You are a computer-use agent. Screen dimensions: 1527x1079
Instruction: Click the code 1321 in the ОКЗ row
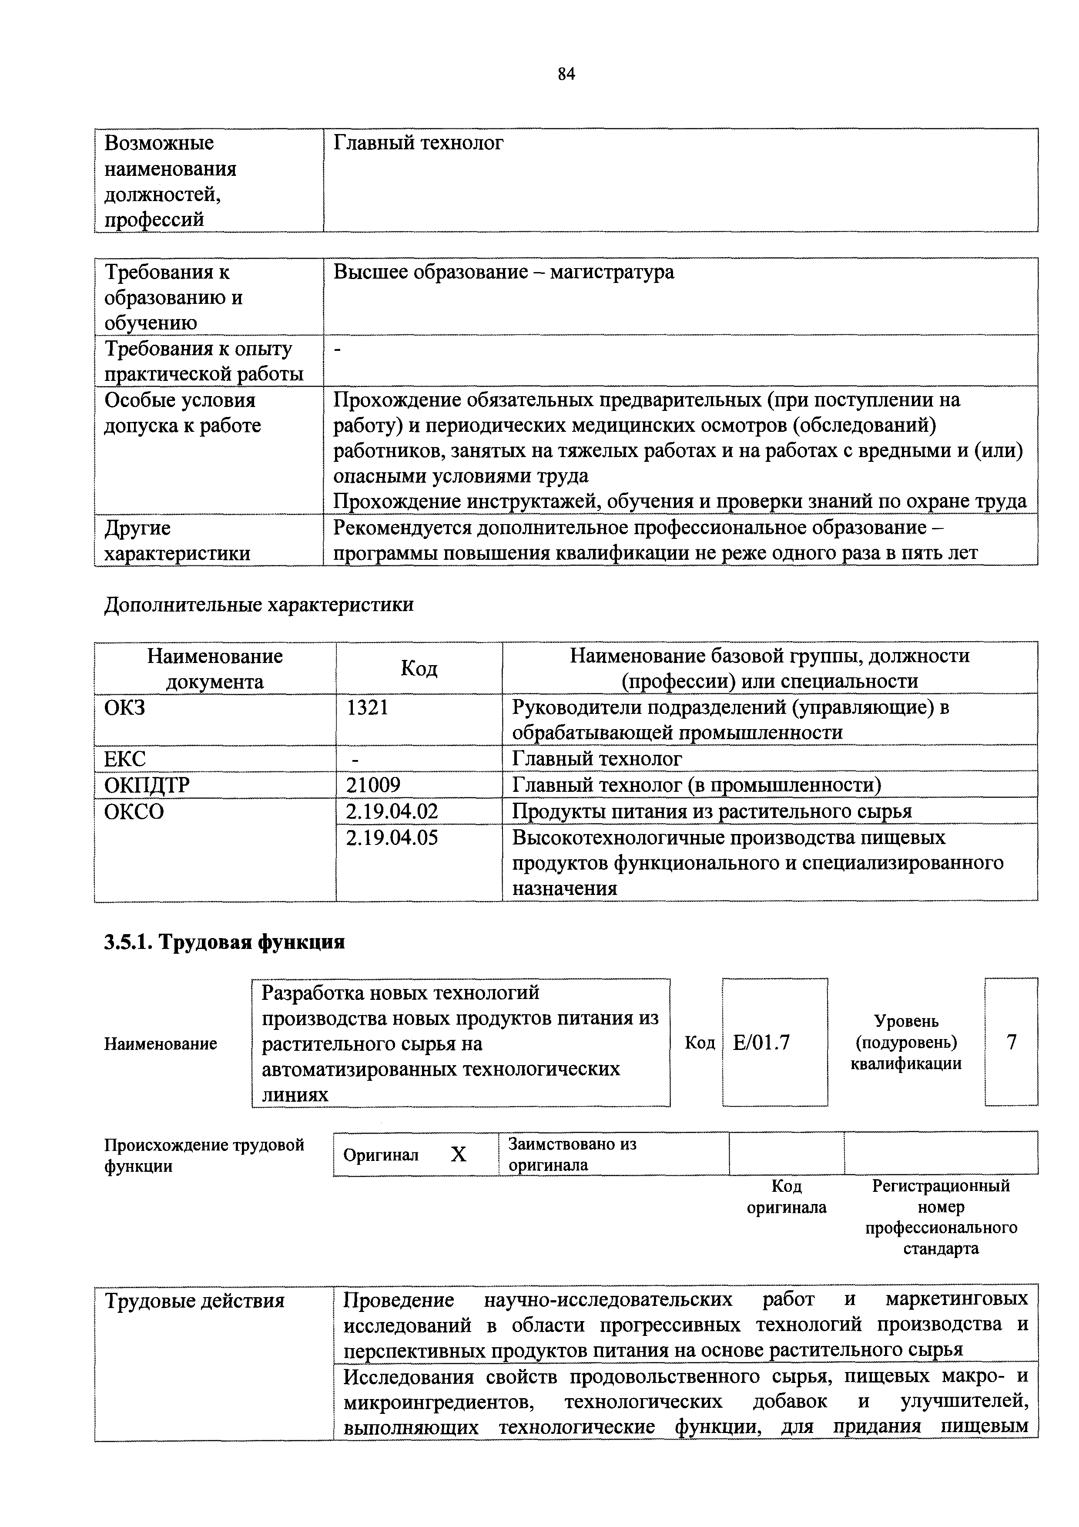[x=367, y=707]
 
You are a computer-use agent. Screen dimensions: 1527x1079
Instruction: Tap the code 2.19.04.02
[x=392, y=811]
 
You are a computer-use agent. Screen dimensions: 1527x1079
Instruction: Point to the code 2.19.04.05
[x=392, y=837]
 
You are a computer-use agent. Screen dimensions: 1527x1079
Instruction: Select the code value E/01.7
[x=761, y=1042]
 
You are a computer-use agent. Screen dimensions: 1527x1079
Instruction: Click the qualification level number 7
[x=1011, y=1042]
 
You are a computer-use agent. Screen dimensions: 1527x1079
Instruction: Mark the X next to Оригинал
[x=459, y=1154]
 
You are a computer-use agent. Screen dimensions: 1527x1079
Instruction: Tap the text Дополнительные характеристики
[x=259, y=605]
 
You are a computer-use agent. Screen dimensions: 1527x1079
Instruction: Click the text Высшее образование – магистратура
[x=503, y=272]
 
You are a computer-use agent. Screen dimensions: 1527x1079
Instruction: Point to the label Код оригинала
[x=787, y=1197]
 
